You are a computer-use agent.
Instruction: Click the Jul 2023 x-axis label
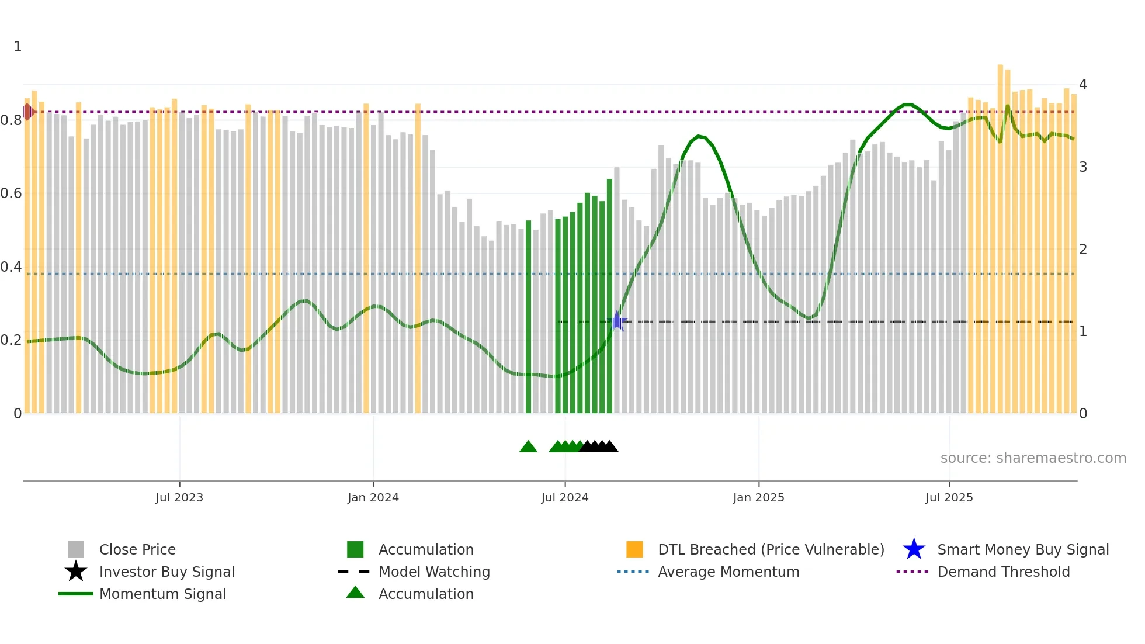point(179,498)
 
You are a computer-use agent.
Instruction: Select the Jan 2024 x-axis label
point(373,498)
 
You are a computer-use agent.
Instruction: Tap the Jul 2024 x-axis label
point(564,498)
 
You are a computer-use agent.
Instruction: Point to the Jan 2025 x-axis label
point(758,498)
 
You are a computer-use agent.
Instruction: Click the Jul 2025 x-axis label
point(949,498)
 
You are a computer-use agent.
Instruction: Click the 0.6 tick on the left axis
point(11,193)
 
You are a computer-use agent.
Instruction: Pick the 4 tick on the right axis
point(1082,85)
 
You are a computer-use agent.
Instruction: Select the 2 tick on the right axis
point(1082,250)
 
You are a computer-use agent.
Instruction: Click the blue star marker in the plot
point(617,321)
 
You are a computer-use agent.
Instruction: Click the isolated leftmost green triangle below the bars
point(528,447)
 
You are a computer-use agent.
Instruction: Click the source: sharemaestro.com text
point(1033,458)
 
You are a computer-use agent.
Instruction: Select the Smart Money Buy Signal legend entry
point(1022,550)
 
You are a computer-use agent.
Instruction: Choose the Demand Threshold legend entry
point(1003,572)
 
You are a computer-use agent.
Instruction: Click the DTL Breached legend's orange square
point(634,549)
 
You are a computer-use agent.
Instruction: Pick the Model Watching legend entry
point(433,572)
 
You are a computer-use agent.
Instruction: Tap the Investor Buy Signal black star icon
point(76,572)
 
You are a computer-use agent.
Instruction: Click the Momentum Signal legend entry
point(162,594)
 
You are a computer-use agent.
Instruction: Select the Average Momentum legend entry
point(728,572)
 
